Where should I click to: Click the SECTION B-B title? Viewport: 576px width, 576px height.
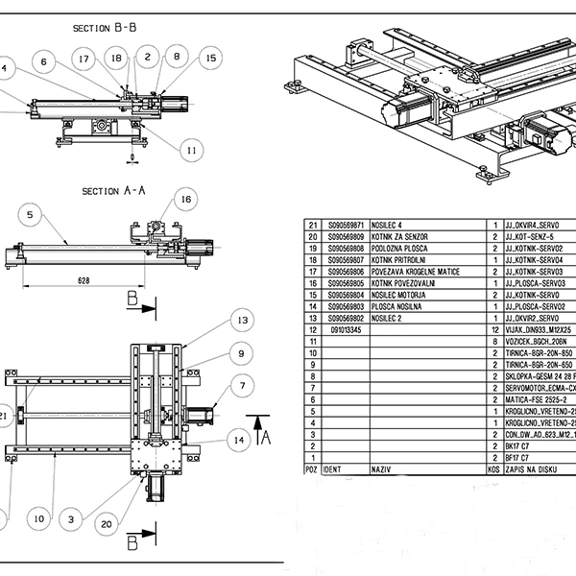pyautogui.click(x=104, y=29)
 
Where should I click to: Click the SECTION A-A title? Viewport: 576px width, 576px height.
pyautogui.click(x=113, y=191)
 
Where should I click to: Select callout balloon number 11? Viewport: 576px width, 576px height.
pyautogui.click(x=192, y=149)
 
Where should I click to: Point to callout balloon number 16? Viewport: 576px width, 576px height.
pyautogui.click(x=185, y=199)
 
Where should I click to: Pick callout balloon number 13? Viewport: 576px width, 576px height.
pyautogui.click(x=243, y=320)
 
